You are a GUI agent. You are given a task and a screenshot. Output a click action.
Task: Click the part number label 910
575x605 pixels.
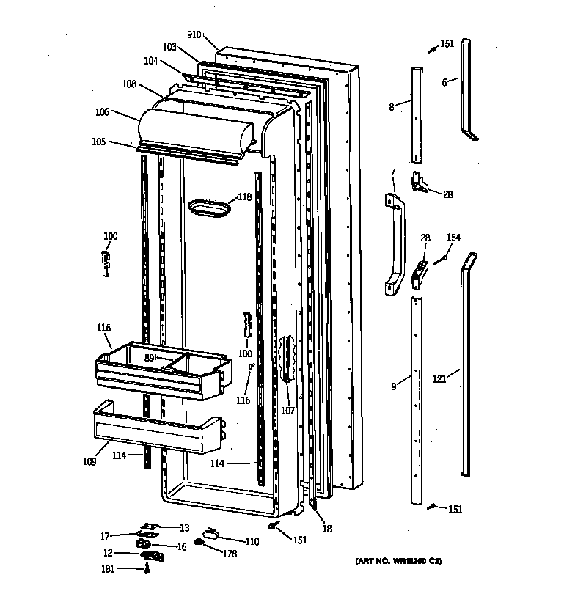click(194, 34)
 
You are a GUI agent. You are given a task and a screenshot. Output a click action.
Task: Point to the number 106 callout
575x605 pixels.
click(102, 111)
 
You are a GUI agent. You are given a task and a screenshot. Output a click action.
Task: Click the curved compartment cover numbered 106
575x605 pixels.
click(194, 128)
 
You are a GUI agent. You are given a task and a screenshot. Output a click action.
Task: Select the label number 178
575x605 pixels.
click(230, 554)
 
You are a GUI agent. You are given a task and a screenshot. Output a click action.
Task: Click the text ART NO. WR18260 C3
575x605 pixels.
click(398, 562)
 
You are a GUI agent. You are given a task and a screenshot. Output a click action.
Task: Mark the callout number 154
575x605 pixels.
click(454, 237)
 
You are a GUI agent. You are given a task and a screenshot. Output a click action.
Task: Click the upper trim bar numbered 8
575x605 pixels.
click(417, 114)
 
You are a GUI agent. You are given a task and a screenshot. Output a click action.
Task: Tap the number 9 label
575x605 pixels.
click(394, 386)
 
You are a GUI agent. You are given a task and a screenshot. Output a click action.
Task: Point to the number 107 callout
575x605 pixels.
click(287, 411)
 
